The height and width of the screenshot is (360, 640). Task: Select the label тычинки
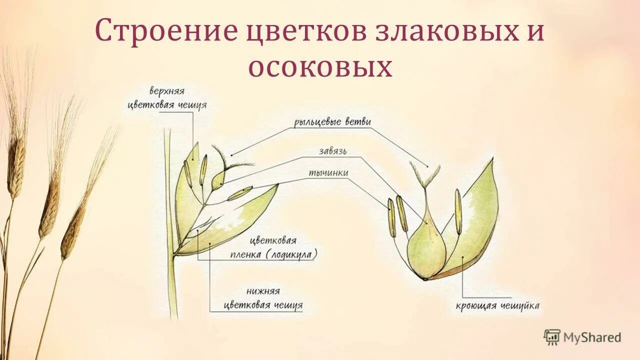(x=328, y=173)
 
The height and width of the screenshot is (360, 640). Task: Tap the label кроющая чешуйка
(x=497, y=305)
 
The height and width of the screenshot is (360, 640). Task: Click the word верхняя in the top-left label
(x=167, y=92)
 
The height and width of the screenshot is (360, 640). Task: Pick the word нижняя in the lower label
(x=263, y=291)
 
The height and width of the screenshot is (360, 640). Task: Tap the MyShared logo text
(x=592, y=337)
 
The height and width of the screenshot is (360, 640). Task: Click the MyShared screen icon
(x=552, y=337)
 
